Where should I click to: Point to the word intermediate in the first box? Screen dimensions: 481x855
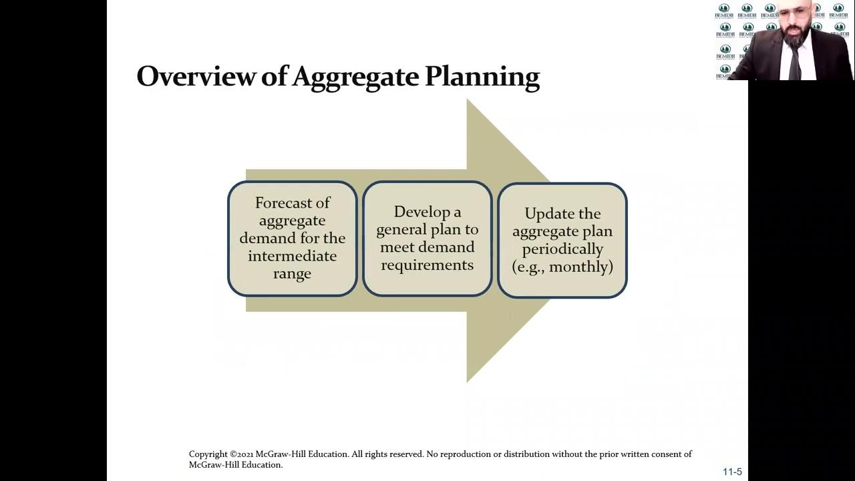pyautogui.click(x=293, y=256)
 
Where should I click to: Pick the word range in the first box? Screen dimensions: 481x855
pyautogui.click(x=293, y=274)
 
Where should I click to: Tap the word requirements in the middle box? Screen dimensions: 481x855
pyautogui.click(x=427, y=265)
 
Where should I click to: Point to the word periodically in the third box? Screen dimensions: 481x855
pyautogui.click(x=562, y=249)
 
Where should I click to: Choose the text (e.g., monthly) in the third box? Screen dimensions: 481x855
pyautogui.click(x=562, y=267)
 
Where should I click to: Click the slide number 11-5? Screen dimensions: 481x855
pyautogui.click(x=732, y=472)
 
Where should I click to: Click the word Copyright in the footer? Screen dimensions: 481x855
pyautogui.click(x=208, y=454)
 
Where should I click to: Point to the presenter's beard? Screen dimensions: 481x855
pyautogui.click(x=794, y=36)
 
